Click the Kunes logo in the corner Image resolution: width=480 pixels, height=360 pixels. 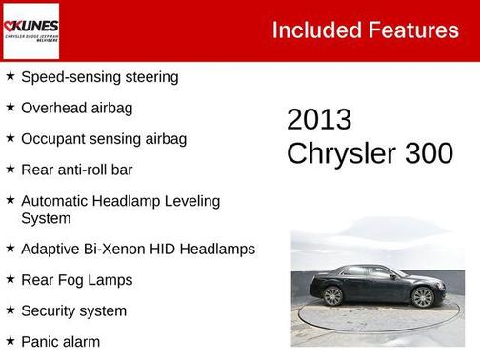pyautogui.click(x=30, y=30)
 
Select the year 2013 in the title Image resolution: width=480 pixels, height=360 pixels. pyautogui.click(x=319, y=120)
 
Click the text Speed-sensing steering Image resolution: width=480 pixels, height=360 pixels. pyautogui.click(x=99, y=76)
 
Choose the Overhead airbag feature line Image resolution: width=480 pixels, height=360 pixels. pyautogui.click(x=76, y=108)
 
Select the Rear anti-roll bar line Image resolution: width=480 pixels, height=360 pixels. pyautogui.click(x=76, y=170)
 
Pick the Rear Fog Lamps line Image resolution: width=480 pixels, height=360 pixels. pyautogui.click(x=76, y=280)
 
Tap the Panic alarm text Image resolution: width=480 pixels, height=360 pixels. pyautogui.click(x=60, y=341)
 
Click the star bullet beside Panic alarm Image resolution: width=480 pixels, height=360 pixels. pyautogui.click(x=10, y=340)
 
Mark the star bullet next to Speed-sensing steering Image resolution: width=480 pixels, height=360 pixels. pyautogui.click(x=10, y=75)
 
